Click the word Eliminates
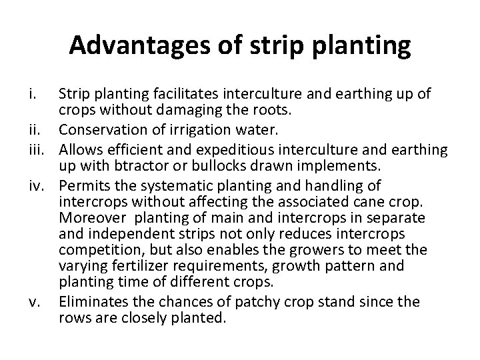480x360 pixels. [92, 302]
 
